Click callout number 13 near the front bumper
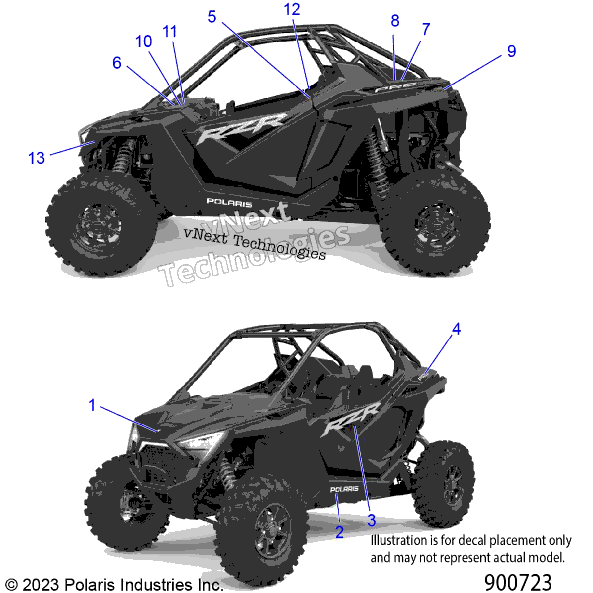37,158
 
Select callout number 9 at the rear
511,51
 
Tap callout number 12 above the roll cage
292,9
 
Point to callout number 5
212,16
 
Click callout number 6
117,63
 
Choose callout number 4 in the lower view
457,329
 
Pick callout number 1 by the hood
92,405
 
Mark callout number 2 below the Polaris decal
339,532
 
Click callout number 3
372,520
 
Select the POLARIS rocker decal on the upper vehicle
229,202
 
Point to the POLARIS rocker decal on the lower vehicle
344,489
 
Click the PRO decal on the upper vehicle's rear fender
395,87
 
